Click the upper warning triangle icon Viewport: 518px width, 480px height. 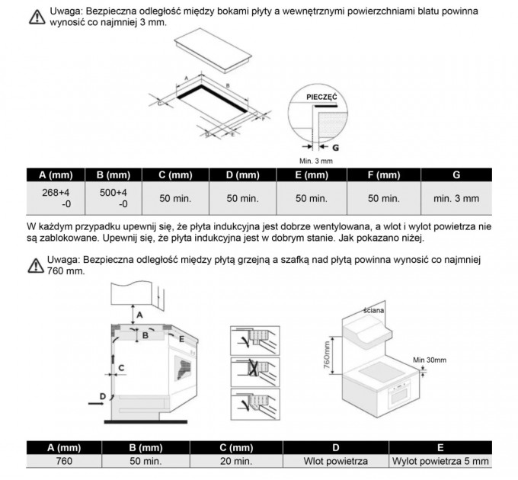37,17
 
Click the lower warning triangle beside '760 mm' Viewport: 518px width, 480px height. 36,266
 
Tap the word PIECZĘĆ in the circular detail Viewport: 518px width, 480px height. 321,97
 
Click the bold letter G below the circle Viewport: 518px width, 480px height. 335,148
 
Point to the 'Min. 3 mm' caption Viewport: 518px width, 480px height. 316,162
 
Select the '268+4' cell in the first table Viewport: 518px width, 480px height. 56,198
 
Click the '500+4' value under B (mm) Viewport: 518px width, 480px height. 114,198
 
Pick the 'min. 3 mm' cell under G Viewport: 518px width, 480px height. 456,199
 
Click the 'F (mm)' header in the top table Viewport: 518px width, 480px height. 384,174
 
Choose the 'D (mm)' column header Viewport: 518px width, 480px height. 243,174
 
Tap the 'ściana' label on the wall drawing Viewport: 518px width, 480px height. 373,310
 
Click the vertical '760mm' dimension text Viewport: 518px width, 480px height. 326,355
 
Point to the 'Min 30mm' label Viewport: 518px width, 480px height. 430,360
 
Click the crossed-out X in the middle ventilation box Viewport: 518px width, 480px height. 253,368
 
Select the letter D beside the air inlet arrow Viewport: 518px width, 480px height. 103,396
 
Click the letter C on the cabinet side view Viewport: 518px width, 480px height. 121,368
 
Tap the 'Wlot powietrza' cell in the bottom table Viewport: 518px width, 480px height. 336,461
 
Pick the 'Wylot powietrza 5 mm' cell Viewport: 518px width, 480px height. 440,461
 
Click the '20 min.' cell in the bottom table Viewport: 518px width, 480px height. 236,461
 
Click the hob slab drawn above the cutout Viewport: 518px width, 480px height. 213,50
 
